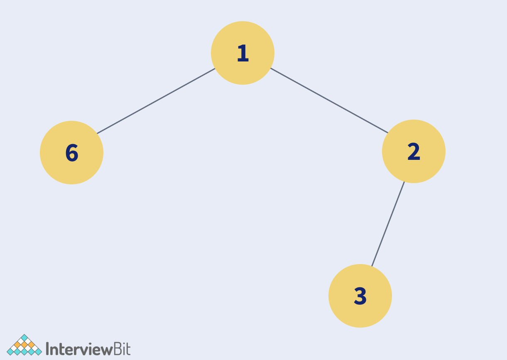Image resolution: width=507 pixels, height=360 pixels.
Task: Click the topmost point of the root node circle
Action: point(242,21)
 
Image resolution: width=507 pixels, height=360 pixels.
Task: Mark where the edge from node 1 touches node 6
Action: point(97,134)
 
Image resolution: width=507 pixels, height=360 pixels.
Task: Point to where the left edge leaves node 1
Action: point(215,69)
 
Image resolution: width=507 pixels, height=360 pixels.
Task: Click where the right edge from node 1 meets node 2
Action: point(388,133)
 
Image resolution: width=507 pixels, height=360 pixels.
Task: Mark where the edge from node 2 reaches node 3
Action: point(372,266)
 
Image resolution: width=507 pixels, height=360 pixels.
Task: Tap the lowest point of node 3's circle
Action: point(360,328)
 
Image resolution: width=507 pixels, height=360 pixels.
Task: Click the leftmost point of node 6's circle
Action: point(40,152)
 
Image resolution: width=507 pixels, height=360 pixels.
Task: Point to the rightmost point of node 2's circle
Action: point(446,151)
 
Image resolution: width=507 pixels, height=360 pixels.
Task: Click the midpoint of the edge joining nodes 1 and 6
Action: point(156,101)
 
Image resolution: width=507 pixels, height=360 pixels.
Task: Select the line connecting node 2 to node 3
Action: point(388,224)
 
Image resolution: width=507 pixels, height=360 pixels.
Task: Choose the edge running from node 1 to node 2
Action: point(329,100)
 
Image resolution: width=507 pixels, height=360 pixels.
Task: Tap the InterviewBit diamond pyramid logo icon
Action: point(24,345)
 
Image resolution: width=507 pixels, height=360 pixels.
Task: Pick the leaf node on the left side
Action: point(71,152)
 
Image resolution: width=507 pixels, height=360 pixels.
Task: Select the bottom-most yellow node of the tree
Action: point(360,296)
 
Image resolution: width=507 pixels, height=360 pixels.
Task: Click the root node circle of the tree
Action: point(242,53)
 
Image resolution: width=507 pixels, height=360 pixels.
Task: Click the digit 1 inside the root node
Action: point(243,53)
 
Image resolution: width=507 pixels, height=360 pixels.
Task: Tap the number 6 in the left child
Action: point(72,153)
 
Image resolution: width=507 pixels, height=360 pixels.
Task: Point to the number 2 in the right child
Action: point(414,152)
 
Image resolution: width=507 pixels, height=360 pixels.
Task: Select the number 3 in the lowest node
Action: point(360,296)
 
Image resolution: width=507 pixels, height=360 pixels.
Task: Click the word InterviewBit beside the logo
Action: point(88,349)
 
